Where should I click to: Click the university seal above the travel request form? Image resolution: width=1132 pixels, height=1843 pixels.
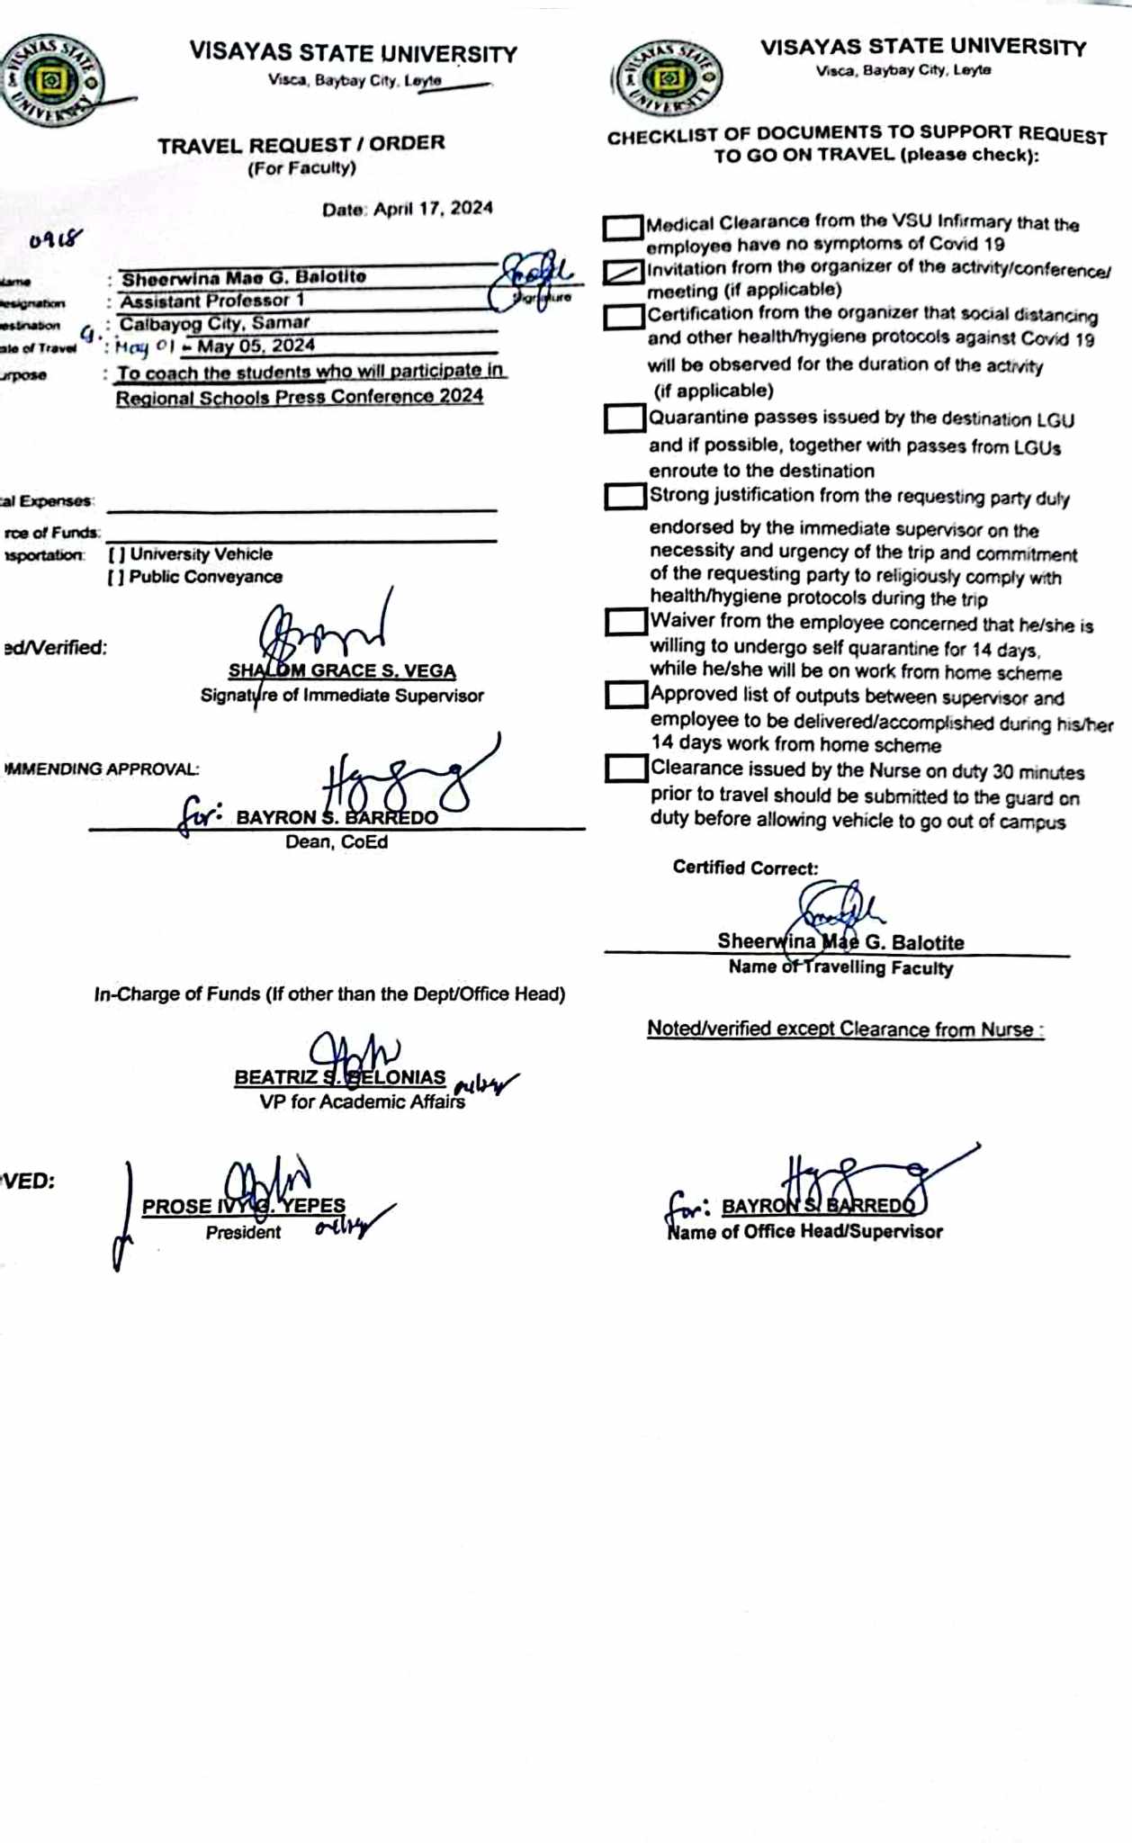point(51,82)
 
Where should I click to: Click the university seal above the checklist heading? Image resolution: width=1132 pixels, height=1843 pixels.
point(667,78)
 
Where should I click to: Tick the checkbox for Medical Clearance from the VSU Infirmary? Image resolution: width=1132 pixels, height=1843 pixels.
point(623,228)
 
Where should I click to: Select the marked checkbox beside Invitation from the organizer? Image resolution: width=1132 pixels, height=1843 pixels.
point(623,272)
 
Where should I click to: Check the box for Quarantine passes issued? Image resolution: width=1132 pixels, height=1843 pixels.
point(624,418)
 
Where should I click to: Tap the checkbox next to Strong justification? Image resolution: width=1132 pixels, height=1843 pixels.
point(624,497)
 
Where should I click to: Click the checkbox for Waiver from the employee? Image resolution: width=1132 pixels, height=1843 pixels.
point(625,622)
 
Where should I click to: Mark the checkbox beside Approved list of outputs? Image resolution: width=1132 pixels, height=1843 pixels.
point(625,695)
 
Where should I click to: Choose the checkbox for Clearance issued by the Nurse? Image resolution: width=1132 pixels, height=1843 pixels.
point(625,769)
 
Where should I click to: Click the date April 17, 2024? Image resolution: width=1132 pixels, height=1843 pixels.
point(433,209)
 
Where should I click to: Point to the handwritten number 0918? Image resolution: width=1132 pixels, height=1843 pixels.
point(55,239)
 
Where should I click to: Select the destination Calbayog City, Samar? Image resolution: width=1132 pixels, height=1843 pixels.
point(215,323)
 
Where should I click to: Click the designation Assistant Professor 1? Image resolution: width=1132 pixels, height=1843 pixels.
point(212,301)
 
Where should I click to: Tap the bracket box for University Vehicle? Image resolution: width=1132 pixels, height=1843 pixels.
point(116,554)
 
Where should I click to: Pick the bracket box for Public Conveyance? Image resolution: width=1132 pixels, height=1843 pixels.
point(116,577)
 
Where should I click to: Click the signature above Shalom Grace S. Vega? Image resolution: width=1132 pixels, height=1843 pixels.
point(324,630)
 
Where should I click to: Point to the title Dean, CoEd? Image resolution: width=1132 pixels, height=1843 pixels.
point(337,842)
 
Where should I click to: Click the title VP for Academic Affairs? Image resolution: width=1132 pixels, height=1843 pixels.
point(362,1101)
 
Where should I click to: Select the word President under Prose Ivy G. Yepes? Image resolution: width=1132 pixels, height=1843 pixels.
point(243,1233)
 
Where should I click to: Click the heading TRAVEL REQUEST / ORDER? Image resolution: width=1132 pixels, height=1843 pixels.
point(301,144)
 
